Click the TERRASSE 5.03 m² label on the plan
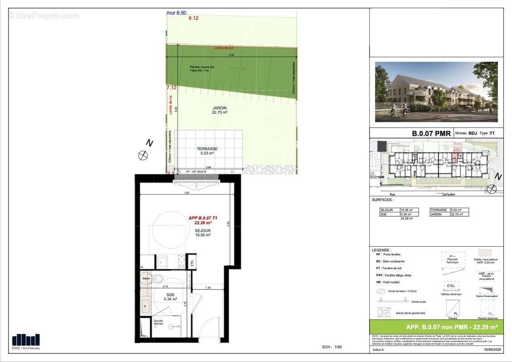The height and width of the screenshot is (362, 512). point(207,151)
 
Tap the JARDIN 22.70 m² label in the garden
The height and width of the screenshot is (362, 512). point(219,110)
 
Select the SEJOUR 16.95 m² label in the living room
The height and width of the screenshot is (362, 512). point(203,233)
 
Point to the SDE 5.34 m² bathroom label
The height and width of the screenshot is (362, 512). point(170,297)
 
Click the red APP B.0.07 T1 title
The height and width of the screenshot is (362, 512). point(203,220)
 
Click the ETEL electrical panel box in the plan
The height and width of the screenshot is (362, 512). point(192,262)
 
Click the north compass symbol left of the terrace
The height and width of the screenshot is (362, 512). point(143,155)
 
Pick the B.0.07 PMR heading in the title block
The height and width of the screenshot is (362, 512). point(431,133)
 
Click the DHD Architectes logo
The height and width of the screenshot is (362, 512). point(26,341)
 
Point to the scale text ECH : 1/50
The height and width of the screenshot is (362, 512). point(332,347)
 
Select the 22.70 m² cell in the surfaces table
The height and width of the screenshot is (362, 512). point(459,214)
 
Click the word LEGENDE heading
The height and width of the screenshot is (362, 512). point(381,250)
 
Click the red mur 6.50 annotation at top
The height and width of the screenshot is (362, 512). point(176,13)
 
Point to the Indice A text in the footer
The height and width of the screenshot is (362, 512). point(378,350)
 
